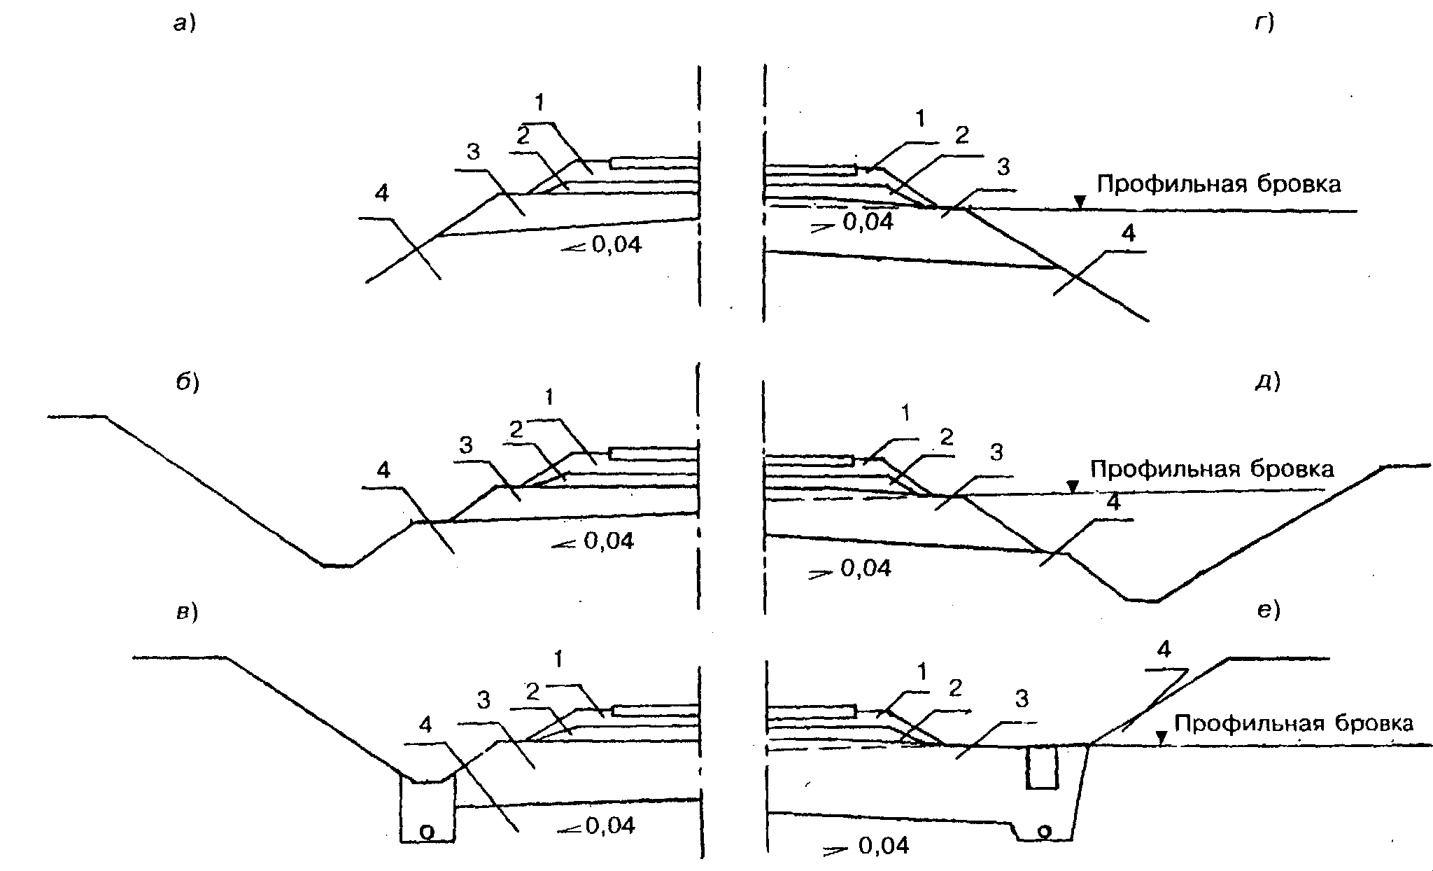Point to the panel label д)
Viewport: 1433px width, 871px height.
point(1267,382)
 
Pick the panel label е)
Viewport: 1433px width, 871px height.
point(1268,611)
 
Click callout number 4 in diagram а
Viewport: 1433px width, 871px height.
point(381,193)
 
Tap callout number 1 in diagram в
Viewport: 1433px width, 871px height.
point(558,659)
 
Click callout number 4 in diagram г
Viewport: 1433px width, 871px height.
point(1128,234)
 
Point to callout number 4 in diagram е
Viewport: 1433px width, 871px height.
point(1164,650)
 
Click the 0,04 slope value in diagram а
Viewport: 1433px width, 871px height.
point(616,245)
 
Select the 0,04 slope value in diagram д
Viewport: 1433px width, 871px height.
point(866,569)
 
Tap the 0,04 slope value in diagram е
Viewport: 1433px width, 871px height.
point(884,846)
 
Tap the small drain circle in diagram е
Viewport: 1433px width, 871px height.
point(1044,831)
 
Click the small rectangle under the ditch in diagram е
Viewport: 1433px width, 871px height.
point(1041,767)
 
